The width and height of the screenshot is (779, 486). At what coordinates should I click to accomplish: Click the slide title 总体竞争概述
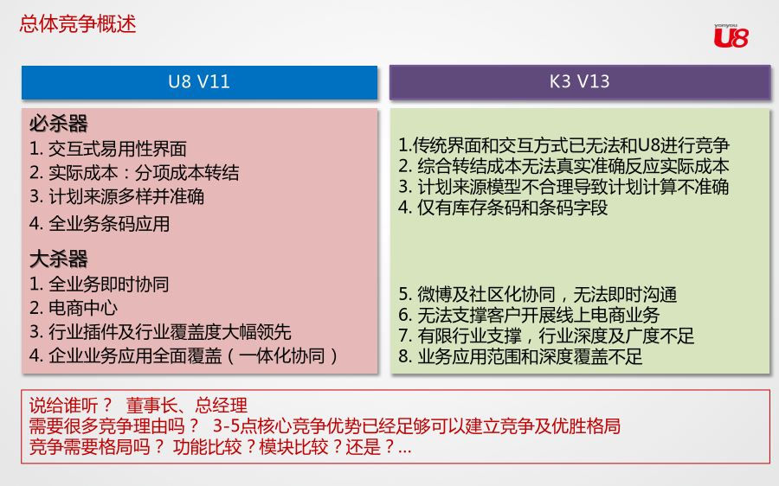[x=78, y=24]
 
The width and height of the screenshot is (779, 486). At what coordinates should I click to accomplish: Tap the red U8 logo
[x=731, y=36]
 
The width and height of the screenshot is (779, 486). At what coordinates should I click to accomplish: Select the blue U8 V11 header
[x=199, y=82]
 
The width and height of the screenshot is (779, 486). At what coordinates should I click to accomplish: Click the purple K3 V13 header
[x=580, y=81]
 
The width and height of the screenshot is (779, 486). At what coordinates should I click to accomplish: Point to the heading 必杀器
[x=59, y=124]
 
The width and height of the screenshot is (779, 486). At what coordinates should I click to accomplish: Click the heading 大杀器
[x=59, y=259]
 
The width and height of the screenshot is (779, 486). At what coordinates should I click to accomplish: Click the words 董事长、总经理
[x=186, y=406]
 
